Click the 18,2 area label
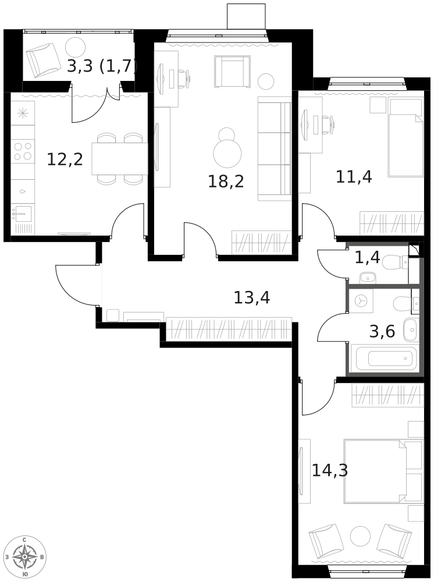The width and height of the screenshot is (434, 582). coord(226,182)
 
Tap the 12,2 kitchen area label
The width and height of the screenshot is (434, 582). coord(65,159)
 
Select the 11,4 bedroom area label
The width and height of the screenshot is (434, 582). coord(354,177)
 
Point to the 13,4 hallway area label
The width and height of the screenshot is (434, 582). coord(252,297)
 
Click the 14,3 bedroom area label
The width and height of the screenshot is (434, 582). coord(330,471)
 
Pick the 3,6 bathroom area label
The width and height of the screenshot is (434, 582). coord(382,331)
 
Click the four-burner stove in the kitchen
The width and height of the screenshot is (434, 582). coord(22,151)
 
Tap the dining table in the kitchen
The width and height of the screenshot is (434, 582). coord(120,158)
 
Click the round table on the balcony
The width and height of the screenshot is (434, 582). coord(75,47)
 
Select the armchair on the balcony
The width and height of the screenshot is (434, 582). coord(43,60)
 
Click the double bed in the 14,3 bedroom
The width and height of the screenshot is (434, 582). coord(383,471)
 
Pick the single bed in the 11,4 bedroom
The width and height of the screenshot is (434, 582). coord(406,137)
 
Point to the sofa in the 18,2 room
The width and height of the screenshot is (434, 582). coord(275,148)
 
